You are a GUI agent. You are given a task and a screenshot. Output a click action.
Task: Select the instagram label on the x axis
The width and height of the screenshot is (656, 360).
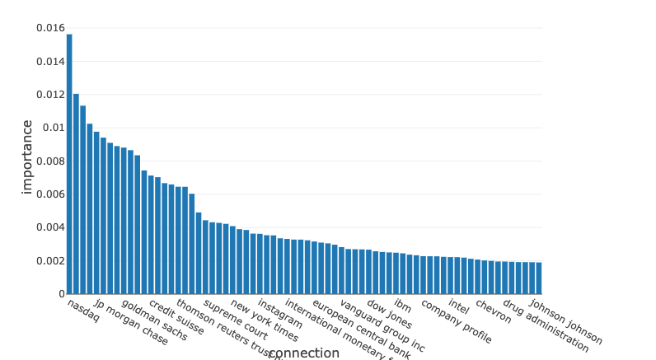click(x=279, y=313)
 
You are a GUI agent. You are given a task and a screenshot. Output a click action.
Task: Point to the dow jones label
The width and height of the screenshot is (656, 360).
click(x=389, y=314)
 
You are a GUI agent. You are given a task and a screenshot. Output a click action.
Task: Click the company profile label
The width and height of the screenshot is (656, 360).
click(x=456, y=320)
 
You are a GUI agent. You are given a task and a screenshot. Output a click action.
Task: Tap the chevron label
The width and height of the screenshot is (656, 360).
click(x=493, y=311)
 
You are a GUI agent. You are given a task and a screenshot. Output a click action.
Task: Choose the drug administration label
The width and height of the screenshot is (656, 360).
click(x=546, y=325)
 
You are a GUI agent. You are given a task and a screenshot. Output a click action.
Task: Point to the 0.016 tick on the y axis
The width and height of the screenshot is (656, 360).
click(x=49, y=28)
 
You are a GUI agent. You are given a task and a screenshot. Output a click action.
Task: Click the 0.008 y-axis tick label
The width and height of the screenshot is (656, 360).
click(x=49, y=161)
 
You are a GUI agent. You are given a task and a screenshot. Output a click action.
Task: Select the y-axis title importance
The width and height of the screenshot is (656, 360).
click(x=27, y=157)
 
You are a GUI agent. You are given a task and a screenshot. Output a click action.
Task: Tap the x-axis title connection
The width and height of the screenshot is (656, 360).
click(x=303, y=353)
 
